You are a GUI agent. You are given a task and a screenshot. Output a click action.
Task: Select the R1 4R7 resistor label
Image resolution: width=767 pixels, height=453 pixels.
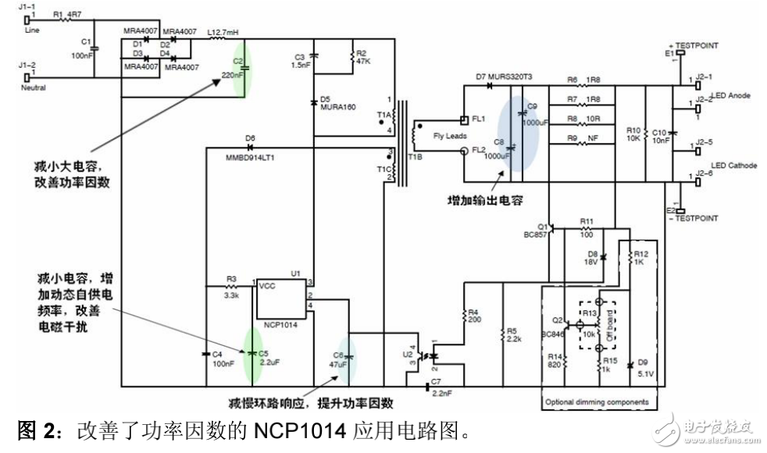click(x=69, y=14)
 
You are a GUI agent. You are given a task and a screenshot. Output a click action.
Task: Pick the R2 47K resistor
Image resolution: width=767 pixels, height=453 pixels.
click(x=350, y=56)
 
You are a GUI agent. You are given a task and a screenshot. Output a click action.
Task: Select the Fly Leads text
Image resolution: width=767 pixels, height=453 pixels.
click(x=449, y=136)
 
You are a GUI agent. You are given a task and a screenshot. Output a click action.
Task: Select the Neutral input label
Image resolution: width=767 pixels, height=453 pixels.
click(x=34, y=87)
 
